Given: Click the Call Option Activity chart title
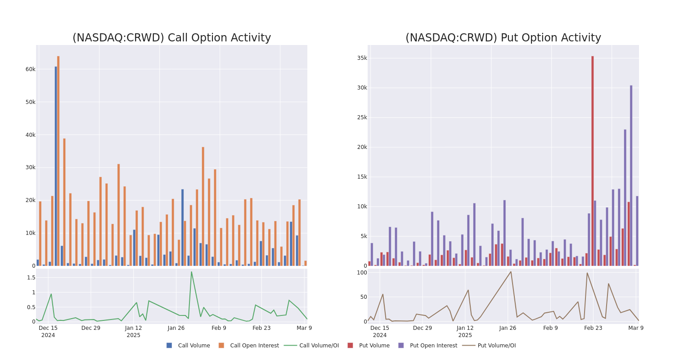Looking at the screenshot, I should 171,38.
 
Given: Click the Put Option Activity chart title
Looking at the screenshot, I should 503,38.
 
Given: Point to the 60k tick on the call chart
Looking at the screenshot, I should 30,69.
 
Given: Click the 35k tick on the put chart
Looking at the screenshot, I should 362,58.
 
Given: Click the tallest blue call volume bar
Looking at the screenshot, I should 56,166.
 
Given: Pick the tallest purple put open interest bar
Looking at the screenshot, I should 631,175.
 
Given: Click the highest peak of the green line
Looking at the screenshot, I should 191,271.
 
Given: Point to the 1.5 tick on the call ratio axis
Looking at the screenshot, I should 31,278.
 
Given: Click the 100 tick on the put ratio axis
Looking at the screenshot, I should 362,273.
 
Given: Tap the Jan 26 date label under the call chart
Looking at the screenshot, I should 176,328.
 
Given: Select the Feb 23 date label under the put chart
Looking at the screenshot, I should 593,328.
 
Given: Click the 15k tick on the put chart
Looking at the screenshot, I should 362,177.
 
